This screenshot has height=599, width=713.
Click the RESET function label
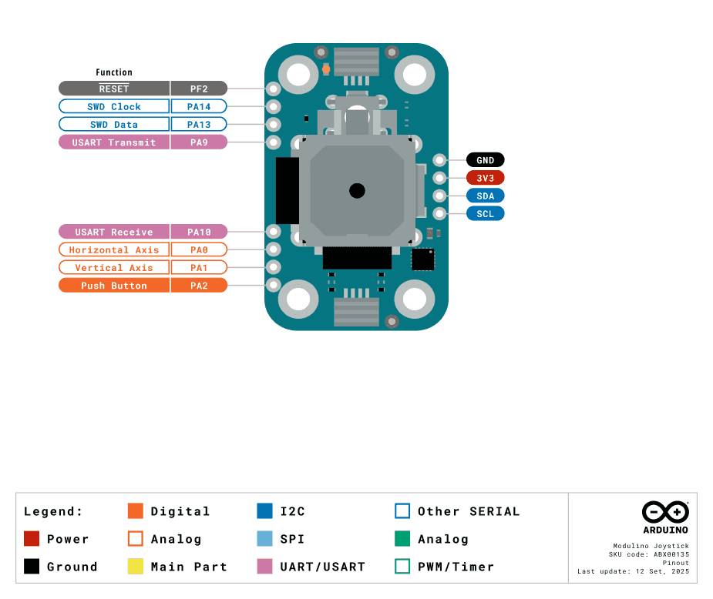click(114, 89)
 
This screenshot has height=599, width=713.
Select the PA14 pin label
click(199, 107)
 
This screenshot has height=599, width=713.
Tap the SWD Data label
click(114, 125)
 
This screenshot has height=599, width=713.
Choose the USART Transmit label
click(114, 142)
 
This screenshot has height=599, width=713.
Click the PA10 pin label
click(199, 232)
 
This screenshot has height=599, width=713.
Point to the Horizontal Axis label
click(114, 249)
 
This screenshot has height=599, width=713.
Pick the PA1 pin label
click(199, 267)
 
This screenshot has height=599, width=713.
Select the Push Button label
click(114, 286)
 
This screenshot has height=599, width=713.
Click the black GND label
click(485, 160)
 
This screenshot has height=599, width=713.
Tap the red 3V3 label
click(485, 178)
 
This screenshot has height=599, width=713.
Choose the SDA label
click(485, 196)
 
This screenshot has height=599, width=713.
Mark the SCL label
click(485, 213)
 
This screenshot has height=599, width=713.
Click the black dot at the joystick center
click(357, 191)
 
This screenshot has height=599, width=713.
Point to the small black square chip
click(423, 259)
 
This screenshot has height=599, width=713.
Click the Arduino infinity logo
click(665, 512)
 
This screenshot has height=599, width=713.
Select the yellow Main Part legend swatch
click(136, 567)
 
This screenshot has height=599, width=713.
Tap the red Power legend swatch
click(32, 539)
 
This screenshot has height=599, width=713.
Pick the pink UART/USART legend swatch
click(264, 567)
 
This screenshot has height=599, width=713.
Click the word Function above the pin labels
click(114, 72)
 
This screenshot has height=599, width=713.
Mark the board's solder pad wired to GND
click(439, 160)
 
